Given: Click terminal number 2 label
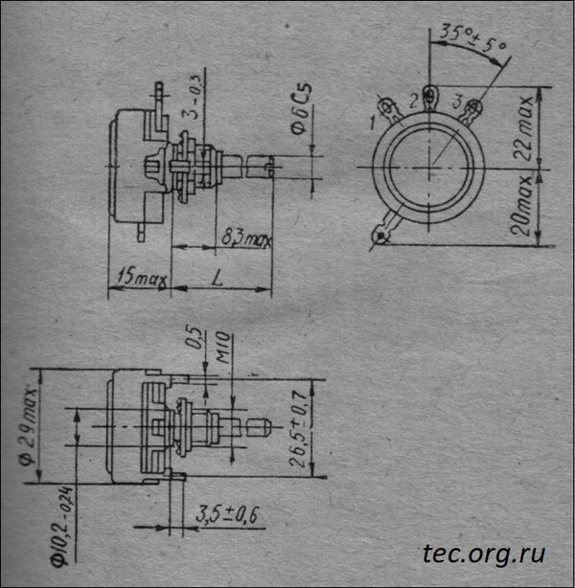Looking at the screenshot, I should [414, 100].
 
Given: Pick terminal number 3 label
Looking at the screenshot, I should [457, 102].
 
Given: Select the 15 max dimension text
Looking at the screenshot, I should [139, 278].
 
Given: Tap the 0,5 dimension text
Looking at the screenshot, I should [197, 342].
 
